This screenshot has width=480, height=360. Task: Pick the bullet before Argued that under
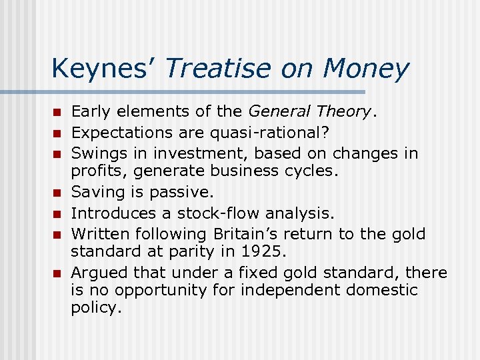pos(58,273)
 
